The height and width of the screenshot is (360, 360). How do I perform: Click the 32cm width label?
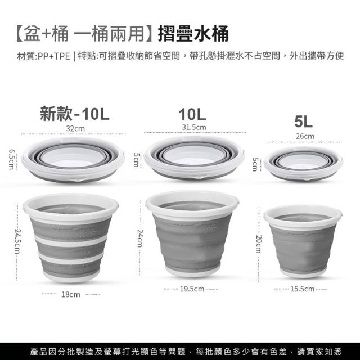point(75,128)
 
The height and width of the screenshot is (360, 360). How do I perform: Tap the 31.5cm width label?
point(194,127)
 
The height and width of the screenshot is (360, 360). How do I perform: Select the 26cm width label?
point(305,136)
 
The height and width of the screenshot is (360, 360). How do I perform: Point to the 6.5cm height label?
point(11,159)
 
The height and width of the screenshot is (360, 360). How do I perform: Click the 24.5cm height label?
point(17,241)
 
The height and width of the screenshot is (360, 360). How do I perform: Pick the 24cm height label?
point(140,238)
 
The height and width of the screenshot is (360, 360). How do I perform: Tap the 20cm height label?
point(259,244)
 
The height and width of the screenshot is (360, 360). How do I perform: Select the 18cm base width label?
point(71,294)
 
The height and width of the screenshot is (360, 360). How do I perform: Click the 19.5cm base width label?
point(192,289)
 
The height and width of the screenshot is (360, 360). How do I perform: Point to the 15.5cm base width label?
point(303,289)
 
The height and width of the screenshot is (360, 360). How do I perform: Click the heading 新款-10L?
point(75,114)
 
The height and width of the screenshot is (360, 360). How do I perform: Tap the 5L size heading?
point(303,121)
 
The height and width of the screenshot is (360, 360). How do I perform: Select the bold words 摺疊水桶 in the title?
point(193,34)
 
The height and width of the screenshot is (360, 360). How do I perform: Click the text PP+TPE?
point(54,56)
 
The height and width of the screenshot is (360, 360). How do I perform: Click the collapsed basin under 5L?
point(303,164)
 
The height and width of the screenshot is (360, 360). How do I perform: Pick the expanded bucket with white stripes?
point(71,237)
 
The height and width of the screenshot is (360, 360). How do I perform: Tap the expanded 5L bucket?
point(303,241)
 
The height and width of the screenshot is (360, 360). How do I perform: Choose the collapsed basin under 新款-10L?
point(73,160)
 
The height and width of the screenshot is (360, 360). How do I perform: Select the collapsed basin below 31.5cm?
point(194,157)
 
